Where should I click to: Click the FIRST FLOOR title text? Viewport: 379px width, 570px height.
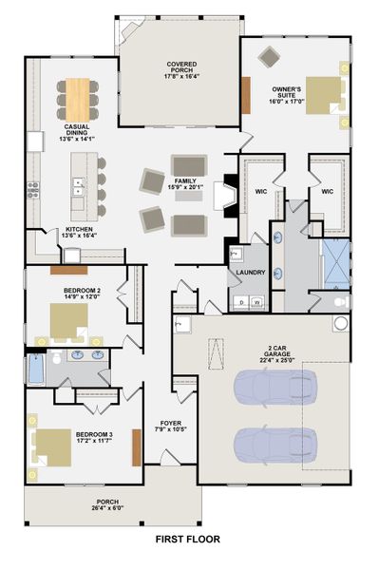[x=188, y=539]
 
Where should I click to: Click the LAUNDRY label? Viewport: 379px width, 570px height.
[x=251, y=273]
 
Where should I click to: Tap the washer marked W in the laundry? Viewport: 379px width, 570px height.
[x=257, y=302]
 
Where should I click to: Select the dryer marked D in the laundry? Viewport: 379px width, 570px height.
[x=241, y=302]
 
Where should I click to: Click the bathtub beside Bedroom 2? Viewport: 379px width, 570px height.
[x=36, y=369]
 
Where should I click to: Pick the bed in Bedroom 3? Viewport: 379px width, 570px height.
[x=51, y=447]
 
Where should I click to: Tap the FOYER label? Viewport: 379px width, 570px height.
[x=171, y=423]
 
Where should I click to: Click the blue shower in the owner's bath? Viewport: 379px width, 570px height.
[x=336, y=264]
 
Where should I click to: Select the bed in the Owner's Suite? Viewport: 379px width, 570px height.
[x=325, y=95]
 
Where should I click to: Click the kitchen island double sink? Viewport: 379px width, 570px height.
[x=79, y=186]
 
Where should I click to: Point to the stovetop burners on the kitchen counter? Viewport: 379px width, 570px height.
[x=33, y=190]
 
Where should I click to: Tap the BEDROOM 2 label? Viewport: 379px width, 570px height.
[x=82, y=291]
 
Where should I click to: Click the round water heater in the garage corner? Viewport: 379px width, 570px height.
[x=341, y=323]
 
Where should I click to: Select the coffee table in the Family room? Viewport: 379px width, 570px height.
[x=189, y=196]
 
